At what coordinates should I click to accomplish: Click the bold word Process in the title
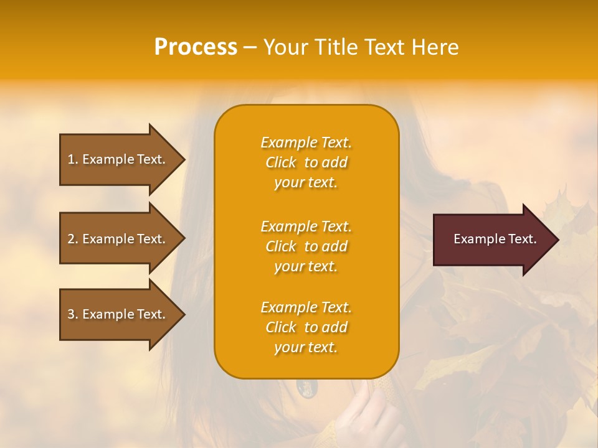(196, 47)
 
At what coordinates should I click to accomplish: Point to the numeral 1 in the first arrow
(71, 159)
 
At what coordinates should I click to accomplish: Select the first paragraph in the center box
(306, 162)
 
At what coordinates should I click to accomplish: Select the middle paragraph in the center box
(306, 246)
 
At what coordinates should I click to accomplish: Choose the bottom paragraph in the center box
(306, 327)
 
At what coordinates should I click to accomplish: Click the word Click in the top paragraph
(281, 162)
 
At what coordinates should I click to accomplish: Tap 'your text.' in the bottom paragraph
(306, 347)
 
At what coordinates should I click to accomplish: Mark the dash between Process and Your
(250, 48)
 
